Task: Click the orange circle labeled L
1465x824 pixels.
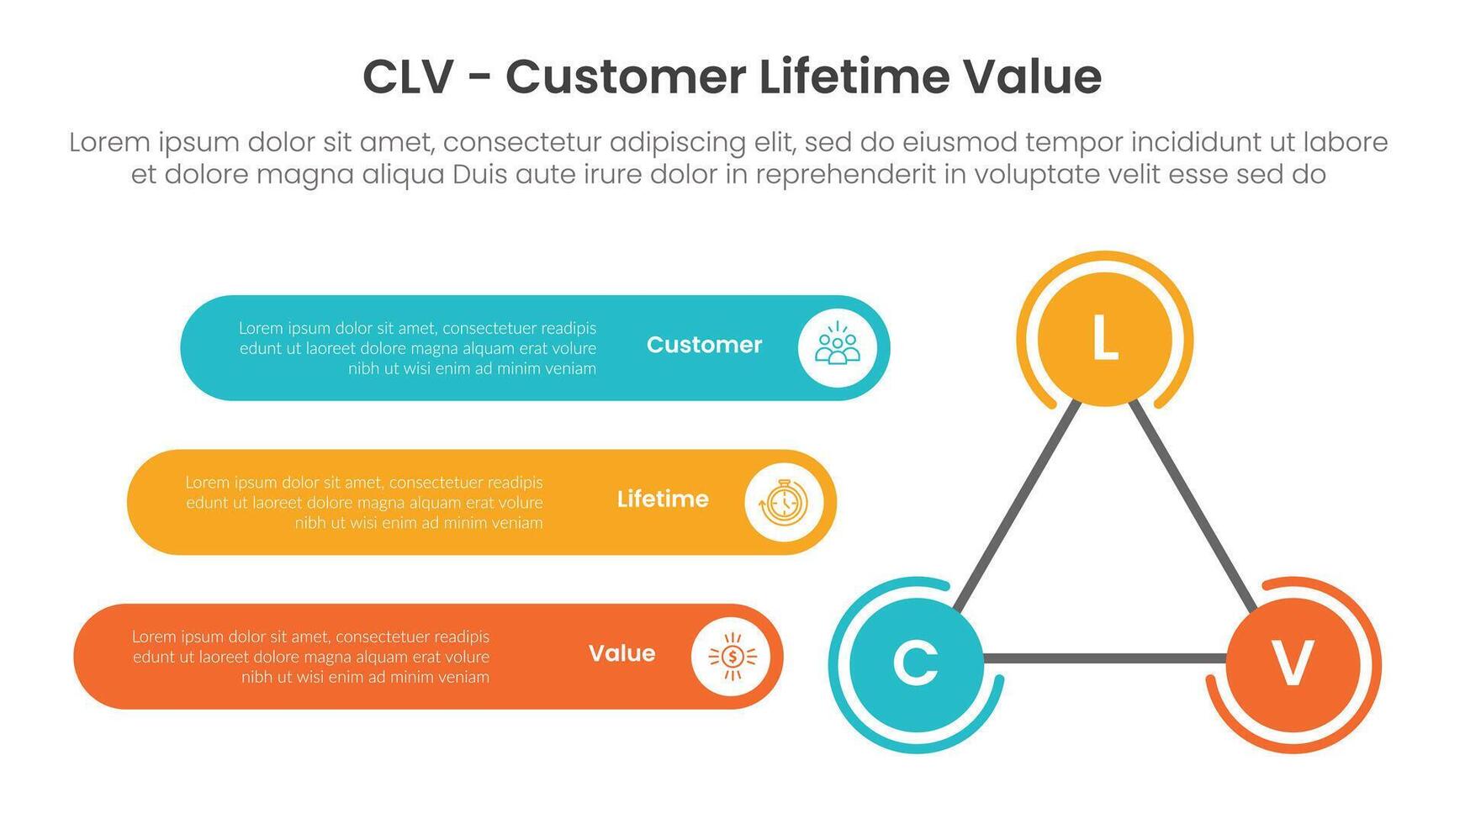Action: (1104, 339)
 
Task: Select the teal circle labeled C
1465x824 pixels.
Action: (916, 663)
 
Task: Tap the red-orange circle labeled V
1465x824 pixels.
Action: (1293, 663)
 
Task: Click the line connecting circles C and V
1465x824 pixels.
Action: (1104, 657)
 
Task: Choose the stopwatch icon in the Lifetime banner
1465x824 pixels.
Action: (783, 502)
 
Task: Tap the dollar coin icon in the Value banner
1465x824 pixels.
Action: (731, 656)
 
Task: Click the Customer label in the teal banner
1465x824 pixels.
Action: (704, 345)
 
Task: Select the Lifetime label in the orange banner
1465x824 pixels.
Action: (663, 499)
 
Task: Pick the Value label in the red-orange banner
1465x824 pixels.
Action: (621, 653)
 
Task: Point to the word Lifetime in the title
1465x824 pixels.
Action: (854, 77)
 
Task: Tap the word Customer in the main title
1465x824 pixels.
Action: (625, 77)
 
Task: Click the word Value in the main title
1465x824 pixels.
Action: (1032, 77)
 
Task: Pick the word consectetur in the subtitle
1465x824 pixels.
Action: (521, 142)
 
